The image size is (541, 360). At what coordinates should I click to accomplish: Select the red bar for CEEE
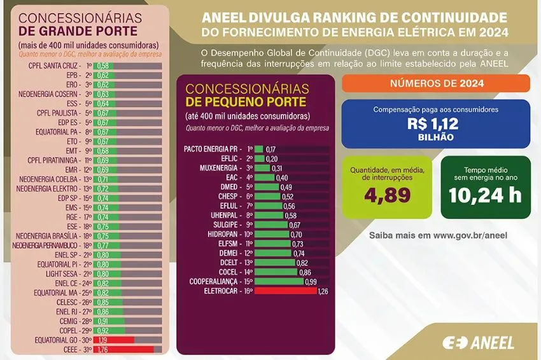[123, 349]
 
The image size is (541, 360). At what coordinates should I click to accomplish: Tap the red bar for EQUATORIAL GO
[113, 340]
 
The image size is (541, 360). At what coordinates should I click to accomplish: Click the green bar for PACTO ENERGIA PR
[260, 149]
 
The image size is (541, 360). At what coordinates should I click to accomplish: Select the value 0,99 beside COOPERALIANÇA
[311, 281]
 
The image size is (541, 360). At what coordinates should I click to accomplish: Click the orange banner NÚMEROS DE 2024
[436, 83]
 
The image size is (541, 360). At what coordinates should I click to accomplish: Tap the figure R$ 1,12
[433, 124]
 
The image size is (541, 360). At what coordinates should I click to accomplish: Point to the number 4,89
[387, 195]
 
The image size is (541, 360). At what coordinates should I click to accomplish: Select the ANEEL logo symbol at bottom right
[454, 343]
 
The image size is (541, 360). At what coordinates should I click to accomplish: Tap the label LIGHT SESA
[63, 273]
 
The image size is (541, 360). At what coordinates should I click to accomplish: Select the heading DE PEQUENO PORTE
[237, 102]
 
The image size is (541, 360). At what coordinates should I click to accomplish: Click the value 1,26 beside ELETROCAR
[324, 291]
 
